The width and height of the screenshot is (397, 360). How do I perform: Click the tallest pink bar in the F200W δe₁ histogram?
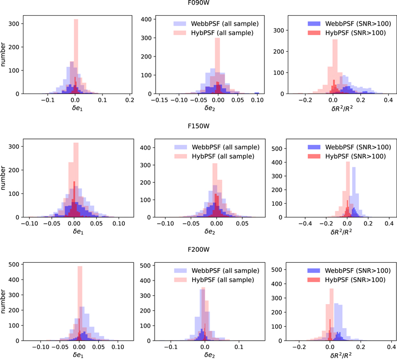[80, 303]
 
